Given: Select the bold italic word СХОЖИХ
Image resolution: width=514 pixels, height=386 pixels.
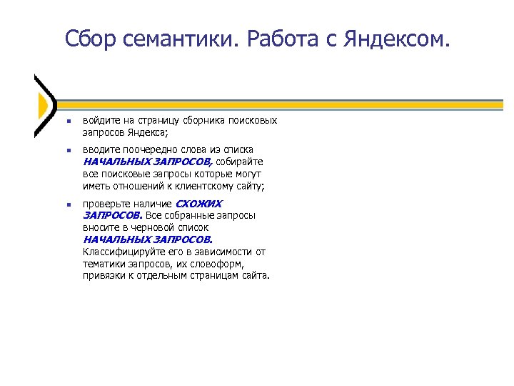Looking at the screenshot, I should tap(198, 204).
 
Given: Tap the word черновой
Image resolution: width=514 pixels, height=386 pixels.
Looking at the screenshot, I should tap(161, 227).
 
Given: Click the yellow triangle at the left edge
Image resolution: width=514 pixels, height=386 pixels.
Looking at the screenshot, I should tap(41, 106).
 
